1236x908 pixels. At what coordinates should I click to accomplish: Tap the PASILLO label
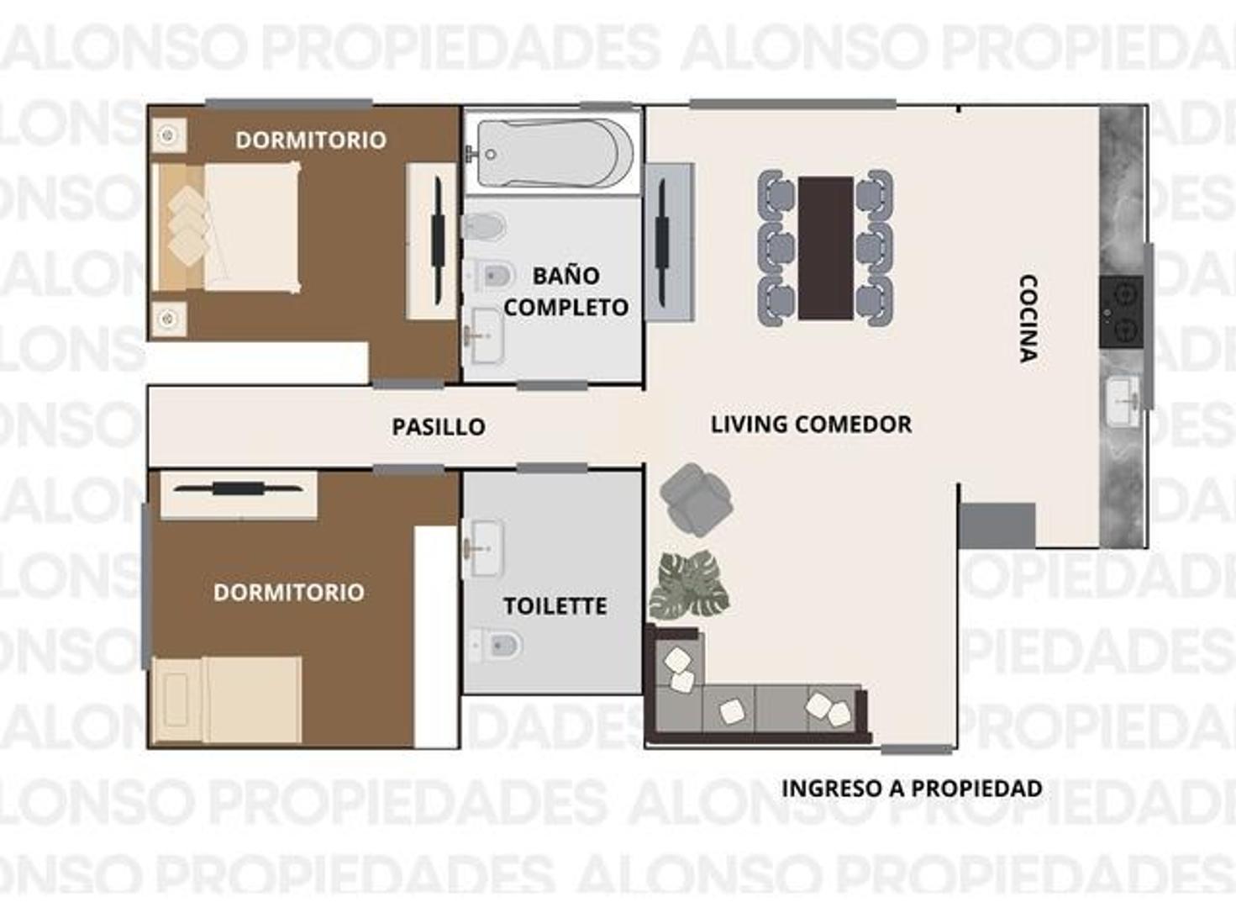click(x=438, y=426)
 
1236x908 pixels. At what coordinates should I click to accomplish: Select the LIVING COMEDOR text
click(x=811, y=424)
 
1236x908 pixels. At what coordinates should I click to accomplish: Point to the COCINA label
click(x=1028, y=318)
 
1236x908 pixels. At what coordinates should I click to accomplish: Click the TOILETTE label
click(x=555, y=606)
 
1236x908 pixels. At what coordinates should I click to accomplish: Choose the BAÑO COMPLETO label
click(x=565, y=292)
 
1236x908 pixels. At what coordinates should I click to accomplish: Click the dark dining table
click(x=825, y=248)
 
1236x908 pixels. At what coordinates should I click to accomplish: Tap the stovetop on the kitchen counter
click(x=1121, y=312)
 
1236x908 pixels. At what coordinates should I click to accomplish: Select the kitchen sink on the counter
click(x=1123, y=401)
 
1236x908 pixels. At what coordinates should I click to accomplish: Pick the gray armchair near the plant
click(x=695, y=499)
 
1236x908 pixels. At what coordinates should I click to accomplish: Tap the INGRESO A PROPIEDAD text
click(x=912, y=789)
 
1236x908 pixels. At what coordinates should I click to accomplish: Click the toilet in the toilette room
click(x=499, y=646)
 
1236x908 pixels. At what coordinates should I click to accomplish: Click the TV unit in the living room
click(x=668, y=242)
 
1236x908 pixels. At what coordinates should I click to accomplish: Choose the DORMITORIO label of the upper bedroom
click(x=310, y=140)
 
